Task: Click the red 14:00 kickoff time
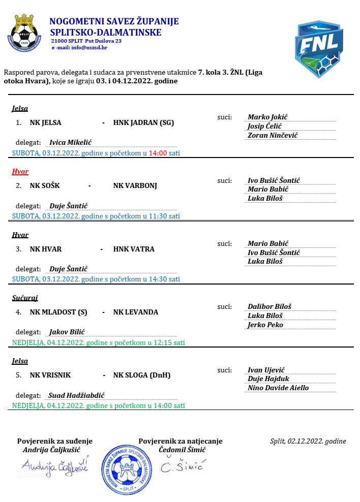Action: pos(158,152)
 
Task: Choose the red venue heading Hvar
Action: pos(20,171)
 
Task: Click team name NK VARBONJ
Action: pos(135,185)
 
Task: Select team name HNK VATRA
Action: pos(134,249)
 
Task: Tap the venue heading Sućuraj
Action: pos(25,298)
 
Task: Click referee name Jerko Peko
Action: pos(265,325)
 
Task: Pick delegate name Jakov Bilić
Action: pos(67,332)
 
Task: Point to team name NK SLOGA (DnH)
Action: pos(142,375)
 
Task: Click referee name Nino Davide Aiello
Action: pos(278,388)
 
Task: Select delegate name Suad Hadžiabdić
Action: pos(77,395)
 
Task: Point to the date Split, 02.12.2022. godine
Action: pos(308,441)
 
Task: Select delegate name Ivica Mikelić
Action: pos(70,143)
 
